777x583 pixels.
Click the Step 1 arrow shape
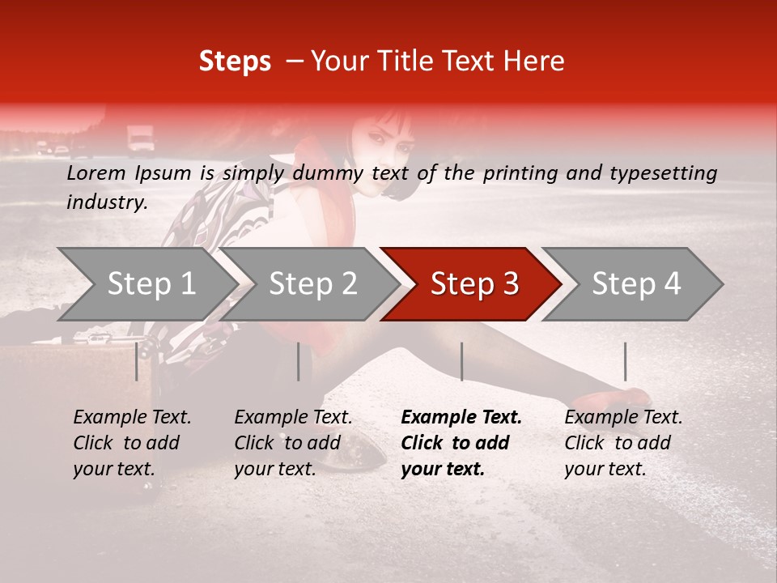tap(146, 284)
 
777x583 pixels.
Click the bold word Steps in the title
tap(235, 62)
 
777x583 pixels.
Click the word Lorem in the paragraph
tap(96, 172)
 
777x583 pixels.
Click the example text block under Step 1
tap(132, 443)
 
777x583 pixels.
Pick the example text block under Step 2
tap(293, 443)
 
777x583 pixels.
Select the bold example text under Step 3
tap(461, 443)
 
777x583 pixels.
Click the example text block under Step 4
tap(623, 443)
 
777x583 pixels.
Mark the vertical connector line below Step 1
tap(137, 361)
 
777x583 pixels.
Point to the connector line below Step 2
tap(299, 361)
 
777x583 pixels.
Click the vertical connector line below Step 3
tap(461, 361)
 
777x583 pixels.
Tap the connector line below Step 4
tap(625, 361)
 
